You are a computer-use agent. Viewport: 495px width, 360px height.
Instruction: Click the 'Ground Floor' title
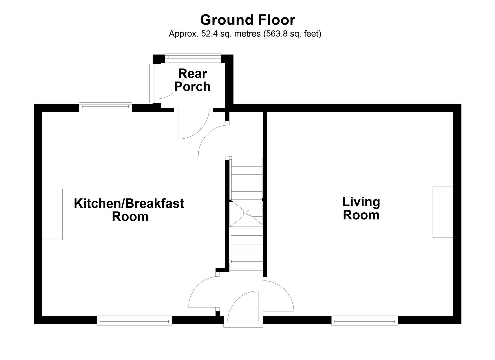pyautogui.click(x=247, y=20)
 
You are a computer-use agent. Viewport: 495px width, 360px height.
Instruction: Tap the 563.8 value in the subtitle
pyautogui.click(x=272, y=34)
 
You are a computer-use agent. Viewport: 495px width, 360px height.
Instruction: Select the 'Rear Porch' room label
pyautogui.click(x=192, y=80)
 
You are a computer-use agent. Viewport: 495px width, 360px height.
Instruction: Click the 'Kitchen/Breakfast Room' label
pyautogui.click(x=129, y=210)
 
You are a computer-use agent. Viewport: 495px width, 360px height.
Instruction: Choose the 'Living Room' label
pyautogui.click(x=361, y=208)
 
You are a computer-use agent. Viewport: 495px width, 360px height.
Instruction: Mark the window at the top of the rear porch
pyautogui.click(x=193, y=58)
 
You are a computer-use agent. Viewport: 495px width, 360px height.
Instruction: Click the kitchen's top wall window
pyautogui.click(x=105, y=107)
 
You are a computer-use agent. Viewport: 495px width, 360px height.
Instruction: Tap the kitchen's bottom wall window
pyautogui.click(x=134, y=321)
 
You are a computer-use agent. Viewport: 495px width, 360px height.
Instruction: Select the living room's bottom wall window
pyautogui.click(x=365, y=321)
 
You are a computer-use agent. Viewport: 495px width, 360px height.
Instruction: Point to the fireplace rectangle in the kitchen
pyautogui.click(x=52, y=214)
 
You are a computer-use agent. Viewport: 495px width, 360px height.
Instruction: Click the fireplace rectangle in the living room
pyautogui.click(x=443, y=212)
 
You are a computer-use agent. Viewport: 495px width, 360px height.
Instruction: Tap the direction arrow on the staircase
pyautogui.click(x=247, y=213)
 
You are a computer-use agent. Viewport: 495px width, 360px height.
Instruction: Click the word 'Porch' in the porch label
pyautogui.click(x=192, y=87)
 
